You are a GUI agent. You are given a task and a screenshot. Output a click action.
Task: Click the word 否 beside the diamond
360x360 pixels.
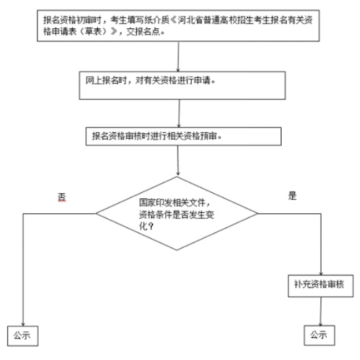coord(62,197)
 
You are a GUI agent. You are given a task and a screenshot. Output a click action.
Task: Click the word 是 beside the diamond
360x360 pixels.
coord(292,196)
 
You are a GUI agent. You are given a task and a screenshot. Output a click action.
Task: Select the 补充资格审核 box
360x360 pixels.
coord(321,286)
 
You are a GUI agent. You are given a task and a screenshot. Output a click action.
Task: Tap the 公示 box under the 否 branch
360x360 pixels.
coord(23,336)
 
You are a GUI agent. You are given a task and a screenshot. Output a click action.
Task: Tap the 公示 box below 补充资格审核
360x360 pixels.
coord(319,335)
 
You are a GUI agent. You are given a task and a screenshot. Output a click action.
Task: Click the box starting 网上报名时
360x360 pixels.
coord(182,86)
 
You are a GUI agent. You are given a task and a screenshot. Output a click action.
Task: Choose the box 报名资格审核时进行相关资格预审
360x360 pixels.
coord(183,136)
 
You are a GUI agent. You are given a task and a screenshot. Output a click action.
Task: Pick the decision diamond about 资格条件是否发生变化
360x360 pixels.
coord(177,213)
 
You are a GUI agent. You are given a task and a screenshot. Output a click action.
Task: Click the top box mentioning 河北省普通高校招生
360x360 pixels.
coord(178,26)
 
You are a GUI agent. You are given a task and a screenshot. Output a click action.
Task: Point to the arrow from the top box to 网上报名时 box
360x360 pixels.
coord(178,57)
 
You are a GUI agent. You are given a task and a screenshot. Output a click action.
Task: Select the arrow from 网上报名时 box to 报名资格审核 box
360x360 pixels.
coord(179,113)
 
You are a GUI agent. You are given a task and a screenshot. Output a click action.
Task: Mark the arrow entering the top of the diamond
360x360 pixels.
coord(177,161)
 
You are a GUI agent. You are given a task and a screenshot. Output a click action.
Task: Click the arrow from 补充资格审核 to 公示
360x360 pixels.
coord(321,311)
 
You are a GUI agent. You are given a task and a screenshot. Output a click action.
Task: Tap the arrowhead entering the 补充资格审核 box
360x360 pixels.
coord(321,273)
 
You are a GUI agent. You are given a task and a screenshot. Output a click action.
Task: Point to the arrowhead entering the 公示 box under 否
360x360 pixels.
coord(23,324)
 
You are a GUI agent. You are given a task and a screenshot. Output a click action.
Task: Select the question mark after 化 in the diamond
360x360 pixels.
coord(151,227)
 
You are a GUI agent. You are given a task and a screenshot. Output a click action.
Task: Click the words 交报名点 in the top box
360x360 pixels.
coord(143,32)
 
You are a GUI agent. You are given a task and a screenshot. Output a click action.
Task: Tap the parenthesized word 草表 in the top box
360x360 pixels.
coord(93,32)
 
